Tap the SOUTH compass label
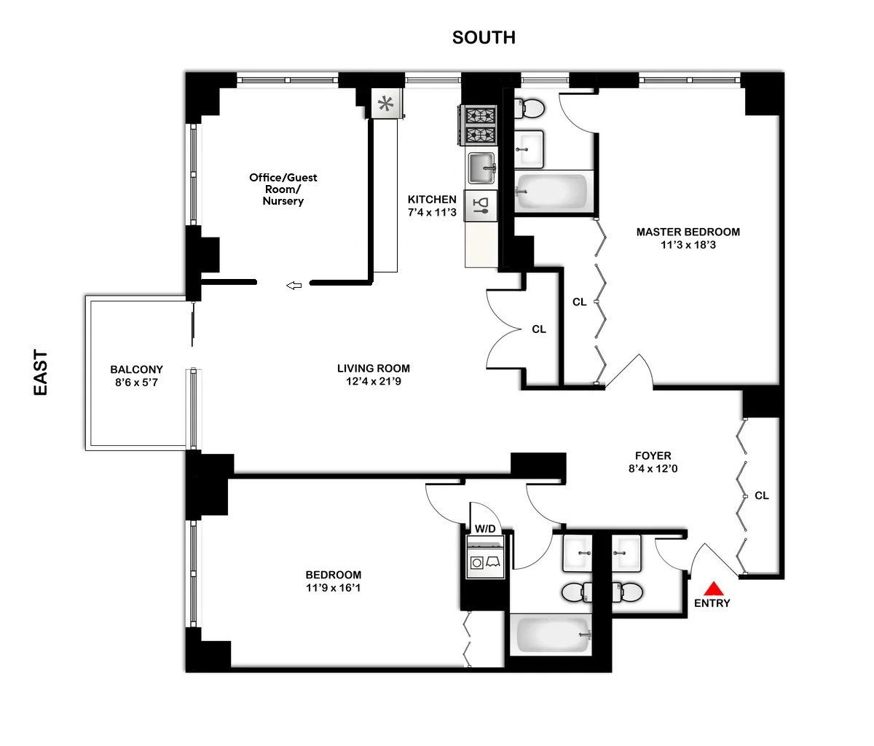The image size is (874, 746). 484,38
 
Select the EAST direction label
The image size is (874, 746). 41,373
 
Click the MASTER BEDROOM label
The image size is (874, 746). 688,232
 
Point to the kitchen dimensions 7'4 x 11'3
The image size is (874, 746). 432,213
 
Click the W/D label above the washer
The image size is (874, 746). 485,528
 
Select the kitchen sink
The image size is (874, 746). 481,168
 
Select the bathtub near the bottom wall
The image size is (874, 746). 551,635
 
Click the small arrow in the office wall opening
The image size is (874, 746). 294,286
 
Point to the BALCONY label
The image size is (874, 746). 136,369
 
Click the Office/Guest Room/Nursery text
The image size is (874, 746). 283,189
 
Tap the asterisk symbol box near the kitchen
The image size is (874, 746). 385,103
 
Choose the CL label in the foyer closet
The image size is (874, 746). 761,495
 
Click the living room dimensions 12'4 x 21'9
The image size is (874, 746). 374,381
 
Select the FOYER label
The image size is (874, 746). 653,456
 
